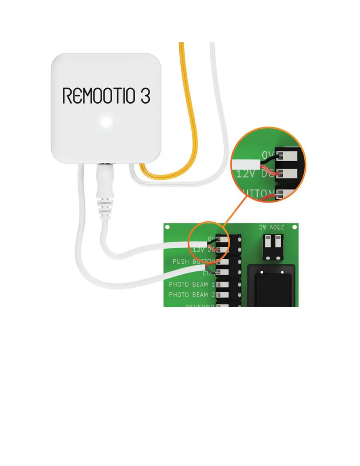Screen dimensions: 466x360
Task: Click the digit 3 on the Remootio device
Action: pos(145,95)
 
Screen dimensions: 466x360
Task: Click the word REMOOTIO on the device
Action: pos(99,96)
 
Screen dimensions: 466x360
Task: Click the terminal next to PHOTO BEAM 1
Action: pos(224,284)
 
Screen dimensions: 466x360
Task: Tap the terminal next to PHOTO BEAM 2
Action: pos(224,295)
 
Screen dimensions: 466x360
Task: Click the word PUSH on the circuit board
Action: pos(181,261)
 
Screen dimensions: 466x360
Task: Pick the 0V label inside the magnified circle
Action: pos(268,155)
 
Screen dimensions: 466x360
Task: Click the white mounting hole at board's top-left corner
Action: pos(167,227)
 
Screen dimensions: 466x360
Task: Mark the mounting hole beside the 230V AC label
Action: pos(294,227)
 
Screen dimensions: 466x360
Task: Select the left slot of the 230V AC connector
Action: pos(268,242)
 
